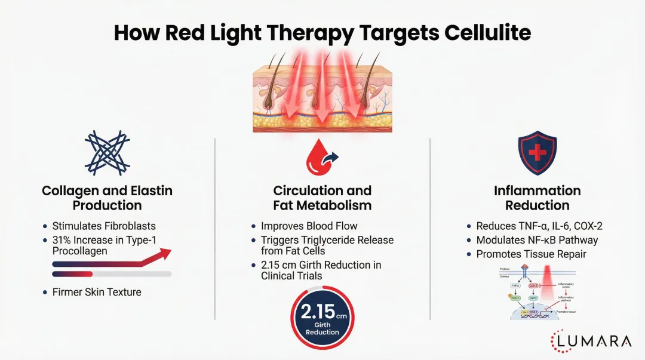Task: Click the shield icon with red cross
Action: (537, 153)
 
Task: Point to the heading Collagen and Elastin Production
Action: (107, 198)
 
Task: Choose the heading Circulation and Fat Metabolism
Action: (322, 198)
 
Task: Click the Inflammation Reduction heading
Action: (537, 198)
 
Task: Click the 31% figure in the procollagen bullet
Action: (63, 240)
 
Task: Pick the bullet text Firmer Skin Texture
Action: (97, 293)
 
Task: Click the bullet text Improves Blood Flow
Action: (309, 226)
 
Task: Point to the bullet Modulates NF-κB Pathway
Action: (537, 240)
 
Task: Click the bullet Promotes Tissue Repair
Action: (531, 254)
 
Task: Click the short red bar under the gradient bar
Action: (73, 274)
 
